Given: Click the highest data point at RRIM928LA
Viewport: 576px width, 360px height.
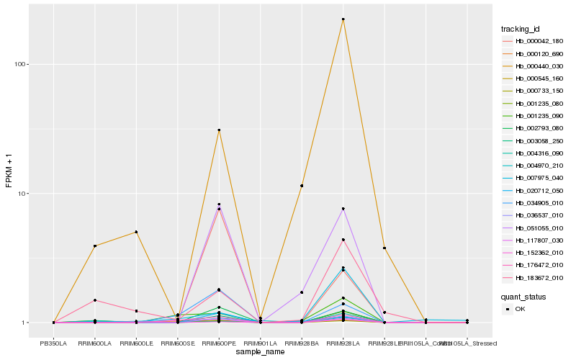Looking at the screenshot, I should click(343, 19).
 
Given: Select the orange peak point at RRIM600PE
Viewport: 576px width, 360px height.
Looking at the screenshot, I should click(219, 130).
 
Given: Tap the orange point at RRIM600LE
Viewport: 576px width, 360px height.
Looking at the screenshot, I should click(136, 232).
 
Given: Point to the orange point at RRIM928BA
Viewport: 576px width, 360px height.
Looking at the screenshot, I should click(302, 186).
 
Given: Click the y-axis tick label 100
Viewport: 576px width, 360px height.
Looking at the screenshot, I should click(19, 64).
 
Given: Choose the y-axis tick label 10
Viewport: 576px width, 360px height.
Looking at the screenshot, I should click(22, 194).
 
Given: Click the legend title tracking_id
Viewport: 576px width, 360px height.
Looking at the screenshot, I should click(521, 29).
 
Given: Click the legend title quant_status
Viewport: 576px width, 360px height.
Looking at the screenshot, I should click(523, 296).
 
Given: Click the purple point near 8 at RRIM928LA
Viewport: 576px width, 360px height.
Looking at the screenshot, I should click(343, 209).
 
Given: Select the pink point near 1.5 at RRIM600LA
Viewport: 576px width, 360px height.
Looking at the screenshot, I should click(94, 300).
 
